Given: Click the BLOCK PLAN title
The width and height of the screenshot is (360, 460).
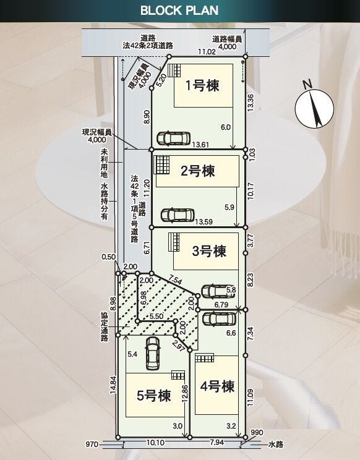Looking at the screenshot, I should [x=179, y=11].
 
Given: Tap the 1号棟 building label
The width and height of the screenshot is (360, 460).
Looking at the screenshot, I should [x=204, y=86].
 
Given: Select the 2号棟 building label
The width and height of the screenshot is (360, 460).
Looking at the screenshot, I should [x=197, y=171].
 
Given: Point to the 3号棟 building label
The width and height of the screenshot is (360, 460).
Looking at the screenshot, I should [x=208, y=251].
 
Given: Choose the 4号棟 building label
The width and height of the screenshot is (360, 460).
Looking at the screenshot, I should [x=218, y=386].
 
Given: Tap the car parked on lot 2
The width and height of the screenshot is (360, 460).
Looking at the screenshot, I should [x=177, y=215].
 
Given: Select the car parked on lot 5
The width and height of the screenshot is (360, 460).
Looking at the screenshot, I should [x=152, y=353].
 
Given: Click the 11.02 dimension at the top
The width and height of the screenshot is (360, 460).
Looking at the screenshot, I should [x=207, y=53].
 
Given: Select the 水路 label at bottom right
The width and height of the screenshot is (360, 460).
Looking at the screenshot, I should [x=275, y=443].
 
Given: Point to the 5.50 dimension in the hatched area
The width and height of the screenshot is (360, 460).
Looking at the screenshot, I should [x=156, y=316].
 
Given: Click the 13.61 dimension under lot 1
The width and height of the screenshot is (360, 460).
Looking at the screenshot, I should [x=201, y=145].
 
